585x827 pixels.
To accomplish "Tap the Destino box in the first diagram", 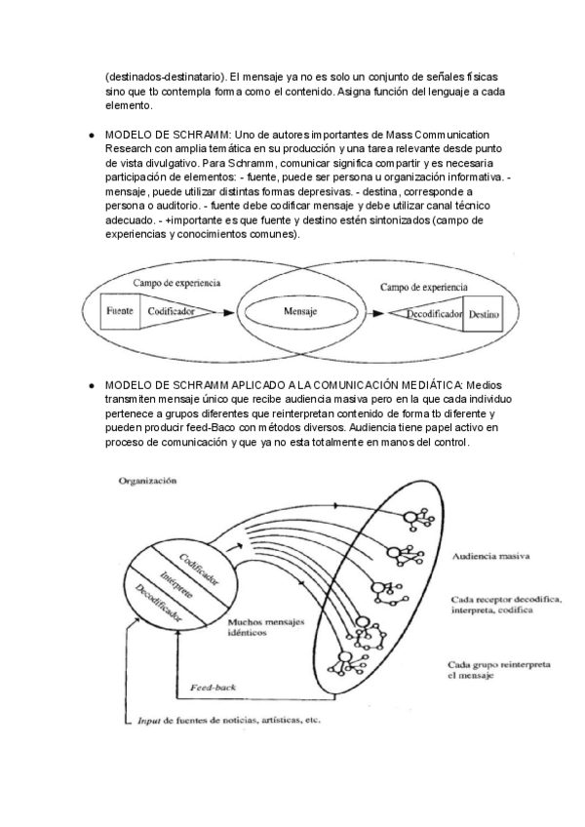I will point(484,316).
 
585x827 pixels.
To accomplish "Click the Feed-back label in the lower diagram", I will point(210,687).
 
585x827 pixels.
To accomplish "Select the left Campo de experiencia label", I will point(175,283).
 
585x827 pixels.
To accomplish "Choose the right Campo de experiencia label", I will point(422,288).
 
